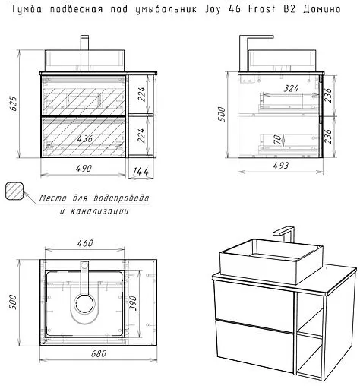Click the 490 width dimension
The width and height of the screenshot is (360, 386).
[x=84, y=169]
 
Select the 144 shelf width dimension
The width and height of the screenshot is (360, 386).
[x=141, y=172]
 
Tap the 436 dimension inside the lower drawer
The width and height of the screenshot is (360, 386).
[x=85, y=138]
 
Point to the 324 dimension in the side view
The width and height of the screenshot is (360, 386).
[x=291, y=88]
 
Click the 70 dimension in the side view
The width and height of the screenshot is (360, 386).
[x=277, y=139]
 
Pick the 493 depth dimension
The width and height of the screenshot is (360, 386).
[x=281, y=166]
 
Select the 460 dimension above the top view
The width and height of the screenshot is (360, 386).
[x=85, y=243]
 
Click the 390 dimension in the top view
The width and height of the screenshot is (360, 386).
[x=133, y=302]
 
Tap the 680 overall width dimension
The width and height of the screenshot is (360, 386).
[x=99, y=353]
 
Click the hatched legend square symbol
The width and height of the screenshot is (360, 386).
[x=14, y=191]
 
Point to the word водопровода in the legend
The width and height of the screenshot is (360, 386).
[x=122, y=198]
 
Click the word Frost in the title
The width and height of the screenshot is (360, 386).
[x=261, y=9]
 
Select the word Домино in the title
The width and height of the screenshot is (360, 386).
[x=321, y=10]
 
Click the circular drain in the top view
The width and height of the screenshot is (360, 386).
[x=84, y=304]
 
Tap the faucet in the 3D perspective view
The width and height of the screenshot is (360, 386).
[x=286, y=234]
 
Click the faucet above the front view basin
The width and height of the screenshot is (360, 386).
[x=84, y=43]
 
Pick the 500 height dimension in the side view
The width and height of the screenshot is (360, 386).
[x=222, y=114]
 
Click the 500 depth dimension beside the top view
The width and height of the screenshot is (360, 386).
[x=13, y=302]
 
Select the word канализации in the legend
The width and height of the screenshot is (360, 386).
[x=94, y=211]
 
